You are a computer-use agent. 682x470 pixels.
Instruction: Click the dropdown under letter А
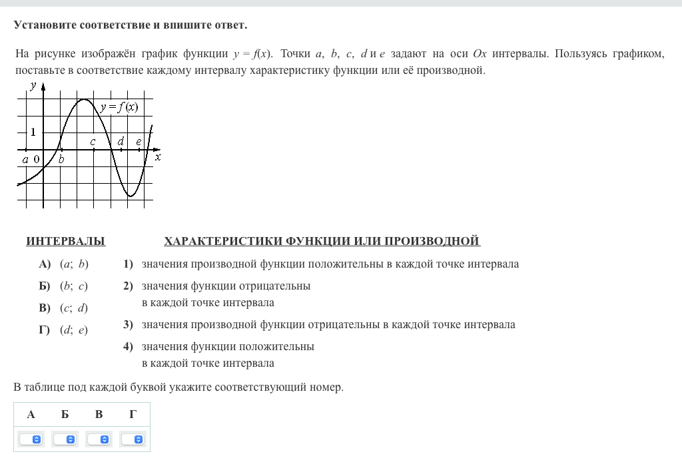(x=31, y=439)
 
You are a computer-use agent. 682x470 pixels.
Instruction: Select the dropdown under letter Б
(x=65, y=439)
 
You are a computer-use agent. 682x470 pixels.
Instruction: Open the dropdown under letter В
(x=99, y=439)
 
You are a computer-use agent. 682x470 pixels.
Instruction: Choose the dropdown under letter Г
(x=133, y=439)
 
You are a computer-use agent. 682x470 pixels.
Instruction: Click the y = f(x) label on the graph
(x=120, y=107)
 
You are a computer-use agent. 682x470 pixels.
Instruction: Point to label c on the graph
(x=93, y=142)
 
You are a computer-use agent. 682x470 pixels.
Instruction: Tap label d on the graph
(x=121, y=141)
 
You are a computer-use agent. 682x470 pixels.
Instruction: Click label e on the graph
(x=139, y=141)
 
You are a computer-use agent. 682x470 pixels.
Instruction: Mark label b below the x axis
(x=61, y=159)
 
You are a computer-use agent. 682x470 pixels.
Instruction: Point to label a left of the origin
(x=25, y=159)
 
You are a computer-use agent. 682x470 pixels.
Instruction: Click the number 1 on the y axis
(x=33, y=132)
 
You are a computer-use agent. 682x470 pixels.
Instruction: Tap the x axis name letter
(x=158, y=157)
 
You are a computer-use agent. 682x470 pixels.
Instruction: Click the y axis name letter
(x=33, y=85)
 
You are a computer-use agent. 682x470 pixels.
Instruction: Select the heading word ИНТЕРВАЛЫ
(x=65, y=241)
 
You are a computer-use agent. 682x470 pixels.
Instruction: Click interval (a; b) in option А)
(x=74, y=264)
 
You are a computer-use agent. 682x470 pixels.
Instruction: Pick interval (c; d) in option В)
(x=74, y=308)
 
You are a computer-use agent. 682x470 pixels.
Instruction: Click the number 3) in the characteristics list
(x=128, y=325)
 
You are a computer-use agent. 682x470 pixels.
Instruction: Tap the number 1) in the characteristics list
(x=128, y=264)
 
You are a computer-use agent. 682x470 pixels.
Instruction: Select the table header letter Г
(x=133, y=414)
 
